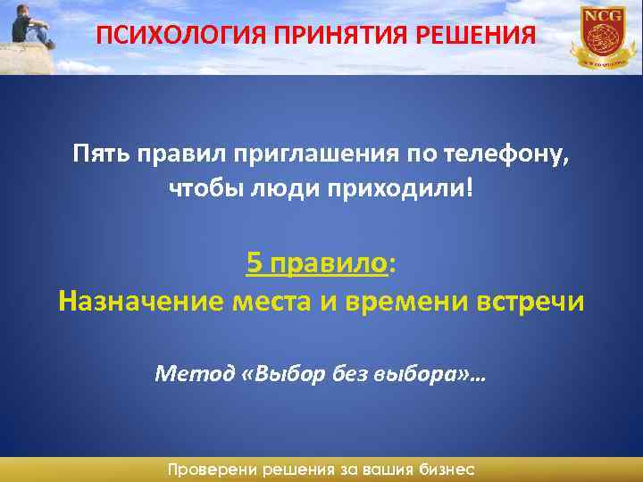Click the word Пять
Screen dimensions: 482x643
[x=99, y=157]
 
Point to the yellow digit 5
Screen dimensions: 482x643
[x=255, y=263]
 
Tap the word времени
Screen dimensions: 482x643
[x=405, y=301]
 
